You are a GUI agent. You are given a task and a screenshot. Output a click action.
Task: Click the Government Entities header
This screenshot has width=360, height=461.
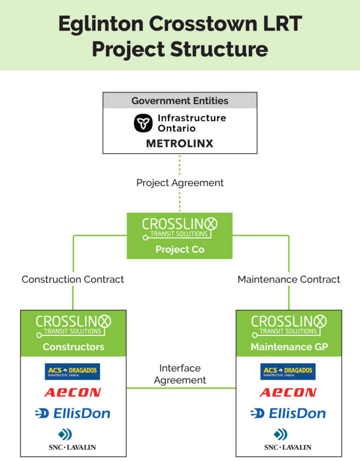[180, 101]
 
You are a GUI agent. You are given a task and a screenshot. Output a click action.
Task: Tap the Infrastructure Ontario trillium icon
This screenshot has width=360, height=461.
[143, 123]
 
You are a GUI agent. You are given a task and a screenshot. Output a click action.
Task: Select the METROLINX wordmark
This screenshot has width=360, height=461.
[180, 144]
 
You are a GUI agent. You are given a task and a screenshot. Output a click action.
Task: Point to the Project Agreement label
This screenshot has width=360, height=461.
[180, 182]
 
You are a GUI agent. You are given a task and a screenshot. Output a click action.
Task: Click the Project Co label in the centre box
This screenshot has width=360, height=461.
[180, 249]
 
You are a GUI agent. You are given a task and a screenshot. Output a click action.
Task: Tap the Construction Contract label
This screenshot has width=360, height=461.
[73, 280]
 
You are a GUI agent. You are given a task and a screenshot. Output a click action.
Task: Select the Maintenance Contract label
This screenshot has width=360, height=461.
[289, 280]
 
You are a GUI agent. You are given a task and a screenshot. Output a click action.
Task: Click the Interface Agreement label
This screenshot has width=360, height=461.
[180, 374]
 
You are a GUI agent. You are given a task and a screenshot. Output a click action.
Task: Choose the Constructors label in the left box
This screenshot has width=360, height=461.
[74, 347]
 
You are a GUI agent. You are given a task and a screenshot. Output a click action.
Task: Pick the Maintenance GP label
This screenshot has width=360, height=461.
[289, 347]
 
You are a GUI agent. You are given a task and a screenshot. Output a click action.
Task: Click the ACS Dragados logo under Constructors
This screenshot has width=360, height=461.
[73, 371]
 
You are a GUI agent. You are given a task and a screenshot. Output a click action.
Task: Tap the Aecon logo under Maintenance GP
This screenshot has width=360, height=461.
[288, 393]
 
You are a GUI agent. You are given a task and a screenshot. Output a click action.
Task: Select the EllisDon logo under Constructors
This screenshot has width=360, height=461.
[73, 413]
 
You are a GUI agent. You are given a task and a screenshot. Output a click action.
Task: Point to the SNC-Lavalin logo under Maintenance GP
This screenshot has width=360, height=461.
[288, 440]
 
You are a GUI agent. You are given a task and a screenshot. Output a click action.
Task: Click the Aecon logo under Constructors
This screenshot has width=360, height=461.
[73, 393]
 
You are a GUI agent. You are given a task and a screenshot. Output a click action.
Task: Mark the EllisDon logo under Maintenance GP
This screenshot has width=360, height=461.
[288, 413]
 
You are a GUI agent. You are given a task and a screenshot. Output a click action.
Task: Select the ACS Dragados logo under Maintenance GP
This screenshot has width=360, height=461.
[288, 371]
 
